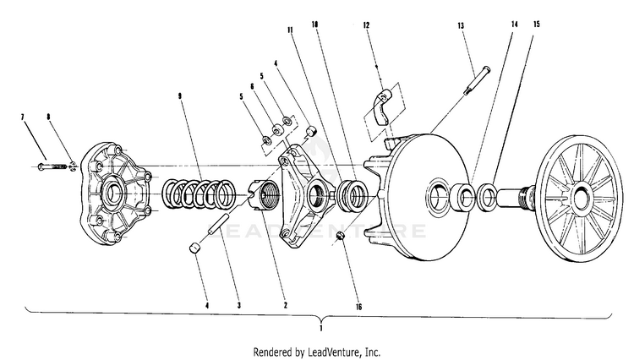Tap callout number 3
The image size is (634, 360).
[239, 304]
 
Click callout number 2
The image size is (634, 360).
[285, 304]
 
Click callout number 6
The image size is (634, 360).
[252, 85]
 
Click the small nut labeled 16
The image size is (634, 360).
[340, 234]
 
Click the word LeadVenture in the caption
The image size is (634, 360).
[337, 351]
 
